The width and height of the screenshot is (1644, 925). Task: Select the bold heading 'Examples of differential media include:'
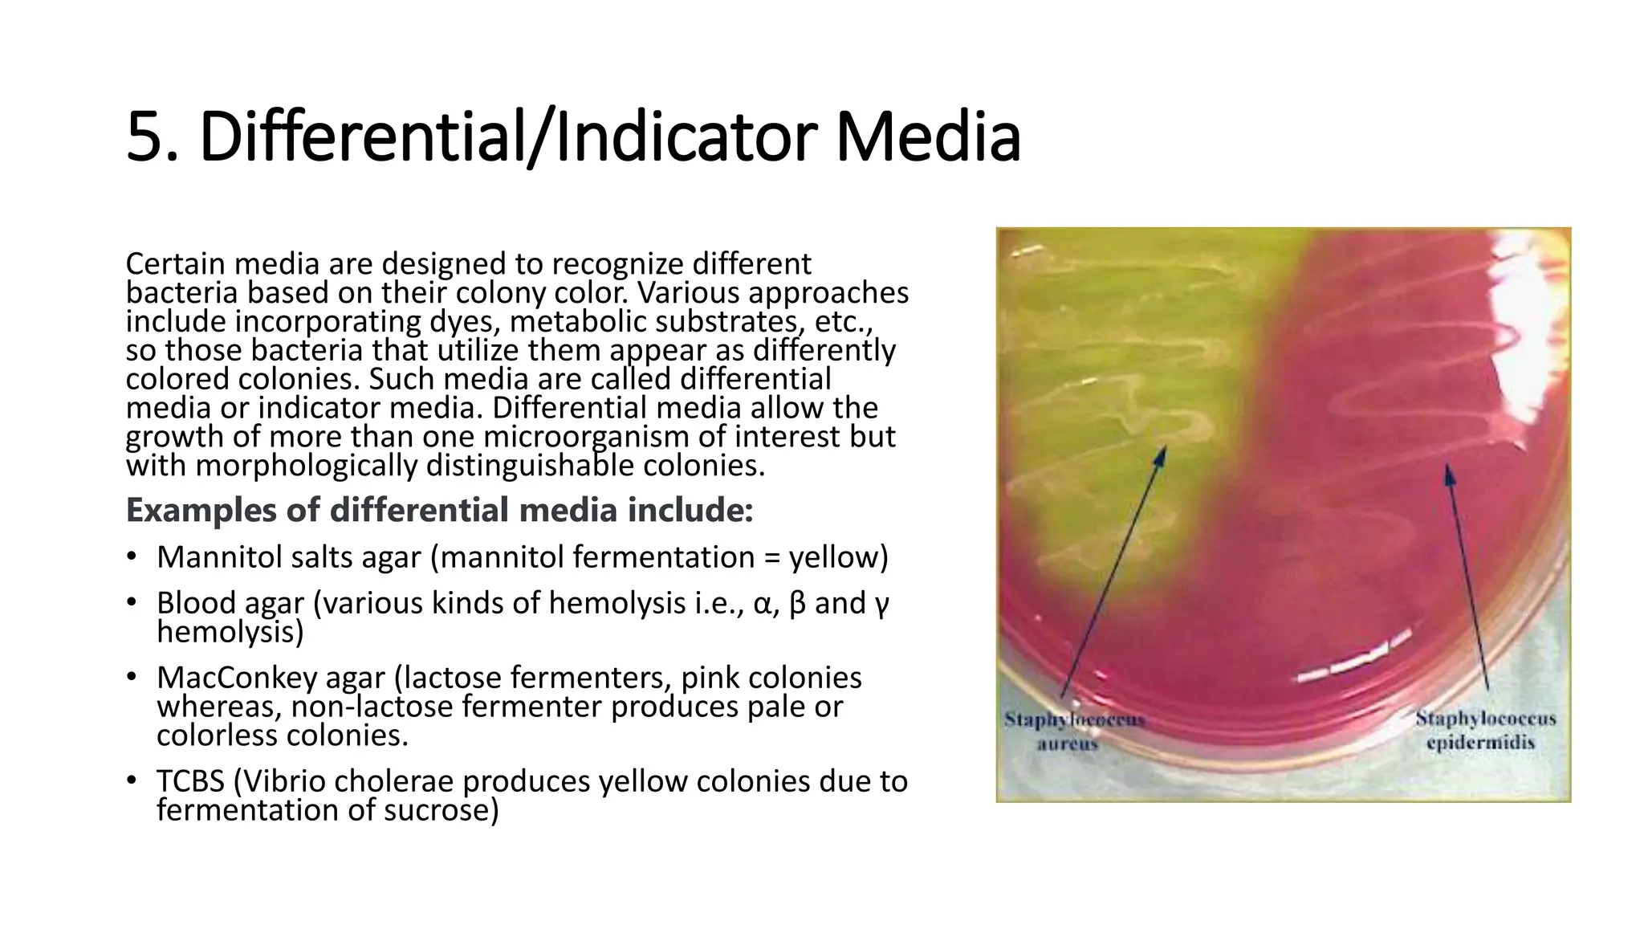[x=439, y=510]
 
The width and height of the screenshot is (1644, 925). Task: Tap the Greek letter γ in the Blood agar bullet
[x=881, y=603]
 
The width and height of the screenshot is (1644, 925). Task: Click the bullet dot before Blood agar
[x=132, y=602]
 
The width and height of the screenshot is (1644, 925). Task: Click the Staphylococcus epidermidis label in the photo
[x=1484, y=730]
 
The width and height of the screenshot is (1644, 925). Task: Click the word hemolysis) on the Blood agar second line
[x=230, y=632]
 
